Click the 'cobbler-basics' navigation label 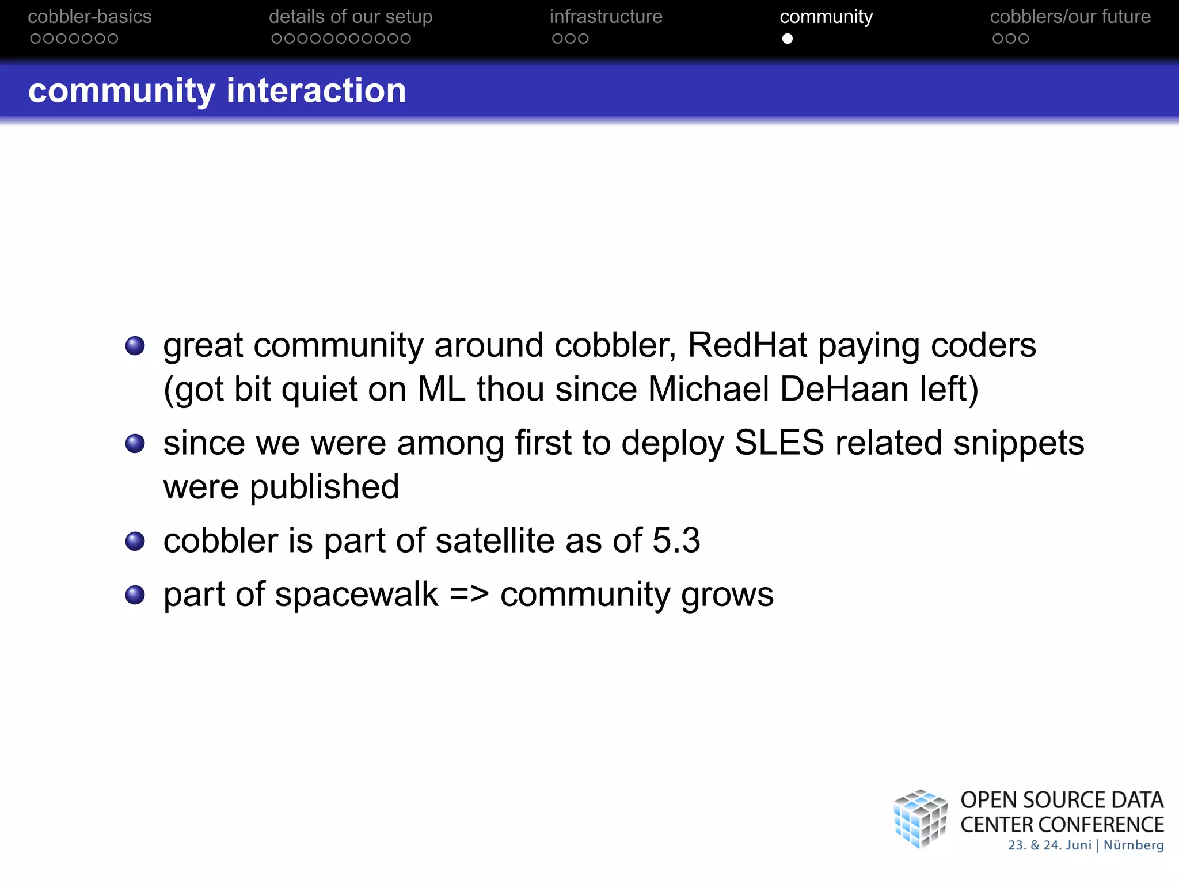point(89,17)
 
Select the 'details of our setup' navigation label point(350,17)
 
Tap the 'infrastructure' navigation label point(606,17)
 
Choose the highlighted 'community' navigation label point(826,17)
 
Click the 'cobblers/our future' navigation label point(1070,17)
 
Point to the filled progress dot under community point(787,39)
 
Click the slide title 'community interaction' point(217,90)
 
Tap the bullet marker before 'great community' point(135,346)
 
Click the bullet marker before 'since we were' point(135,444)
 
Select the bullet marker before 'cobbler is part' point(135,541)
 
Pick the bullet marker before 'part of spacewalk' point(135,595)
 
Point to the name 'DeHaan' point(844,389)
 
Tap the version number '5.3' point(676,540)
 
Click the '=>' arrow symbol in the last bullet point(469,595)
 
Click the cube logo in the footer point(920,819)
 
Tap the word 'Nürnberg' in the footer point(1133,845)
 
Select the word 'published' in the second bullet point(324,487)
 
